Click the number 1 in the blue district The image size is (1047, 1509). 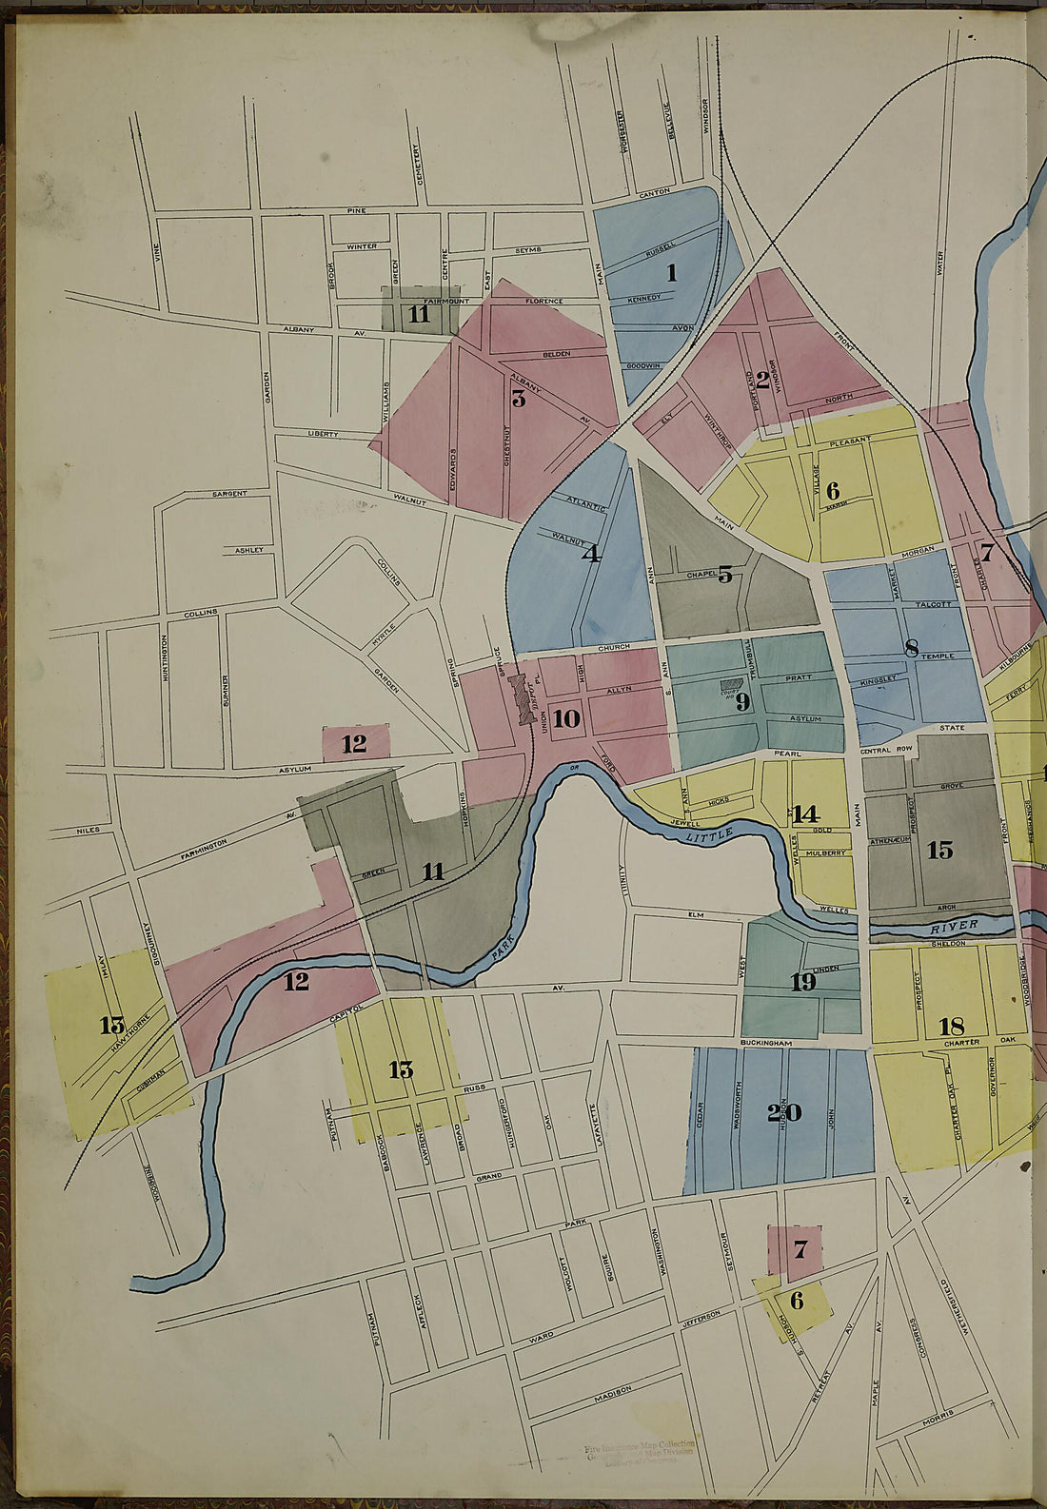[x=671, y=273]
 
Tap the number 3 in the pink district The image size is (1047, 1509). [x=519, y=398]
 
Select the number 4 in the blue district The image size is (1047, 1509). [x=591, y=553]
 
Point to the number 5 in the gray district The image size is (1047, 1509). [x=725, y=575]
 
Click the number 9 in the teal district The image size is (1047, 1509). [x=742, y=702]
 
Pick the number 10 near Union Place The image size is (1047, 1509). [x=566, y=718]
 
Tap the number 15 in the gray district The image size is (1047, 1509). [x=940, y=850]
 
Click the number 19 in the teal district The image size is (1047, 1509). [x=803, y=982]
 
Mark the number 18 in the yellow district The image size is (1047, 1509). [x=952, y=1026]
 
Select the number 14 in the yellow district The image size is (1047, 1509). [x=805, y=814]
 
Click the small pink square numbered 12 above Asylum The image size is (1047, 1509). [x=354, y=744]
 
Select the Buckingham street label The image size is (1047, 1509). [x=765, y=1044]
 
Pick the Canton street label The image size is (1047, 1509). [x=655, y=192]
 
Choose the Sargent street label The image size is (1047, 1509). [x=229, y=494]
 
